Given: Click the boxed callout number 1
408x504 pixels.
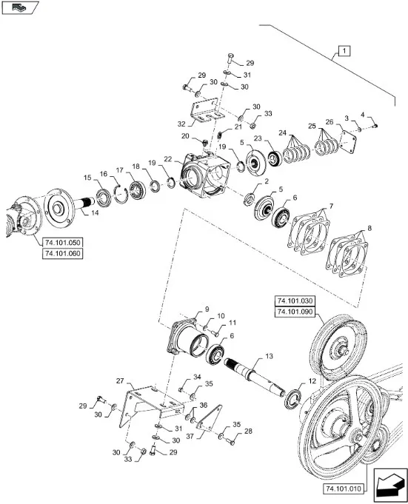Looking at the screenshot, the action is (x=344, y=51).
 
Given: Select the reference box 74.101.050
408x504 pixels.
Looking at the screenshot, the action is (x=63, y=242).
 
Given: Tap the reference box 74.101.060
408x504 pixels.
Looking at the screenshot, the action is (x=63, y=254).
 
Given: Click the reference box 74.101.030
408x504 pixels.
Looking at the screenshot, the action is (x=295, y=301).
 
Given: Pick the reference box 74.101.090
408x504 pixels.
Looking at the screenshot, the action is (x=295, y=312).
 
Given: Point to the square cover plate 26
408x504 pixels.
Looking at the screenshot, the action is (x=349, y=142).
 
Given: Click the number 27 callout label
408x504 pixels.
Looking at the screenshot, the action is (x=120, y=381).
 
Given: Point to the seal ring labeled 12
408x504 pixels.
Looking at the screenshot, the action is (x=292, y=399).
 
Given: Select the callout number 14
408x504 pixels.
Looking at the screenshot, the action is (x=95, y=213).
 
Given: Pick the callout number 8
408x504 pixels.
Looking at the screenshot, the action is (x=369, y=228).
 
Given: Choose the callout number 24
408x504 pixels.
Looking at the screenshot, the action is (x=282, y=132).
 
